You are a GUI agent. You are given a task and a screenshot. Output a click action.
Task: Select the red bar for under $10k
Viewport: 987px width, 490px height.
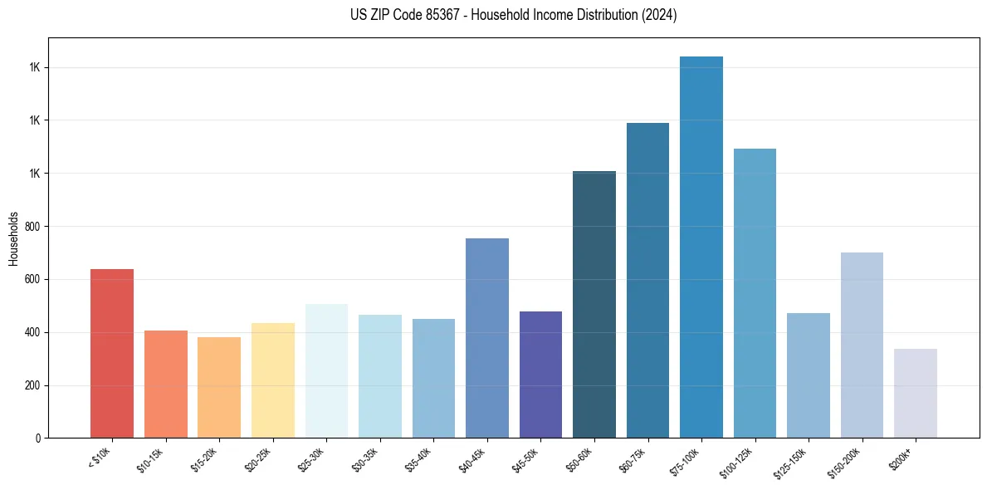[112, 354]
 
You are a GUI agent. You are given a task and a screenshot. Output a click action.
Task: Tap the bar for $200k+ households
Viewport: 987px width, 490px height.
[916, 394]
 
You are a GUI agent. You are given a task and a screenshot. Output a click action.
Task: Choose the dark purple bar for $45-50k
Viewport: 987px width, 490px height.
[540, 375]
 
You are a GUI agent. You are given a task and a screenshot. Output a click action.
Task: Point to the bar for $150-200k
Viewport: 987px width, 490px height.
[862, 345]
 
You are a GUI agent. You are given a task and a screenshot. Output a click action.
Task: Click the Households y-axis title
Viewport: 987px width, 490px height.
[13, 238]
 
